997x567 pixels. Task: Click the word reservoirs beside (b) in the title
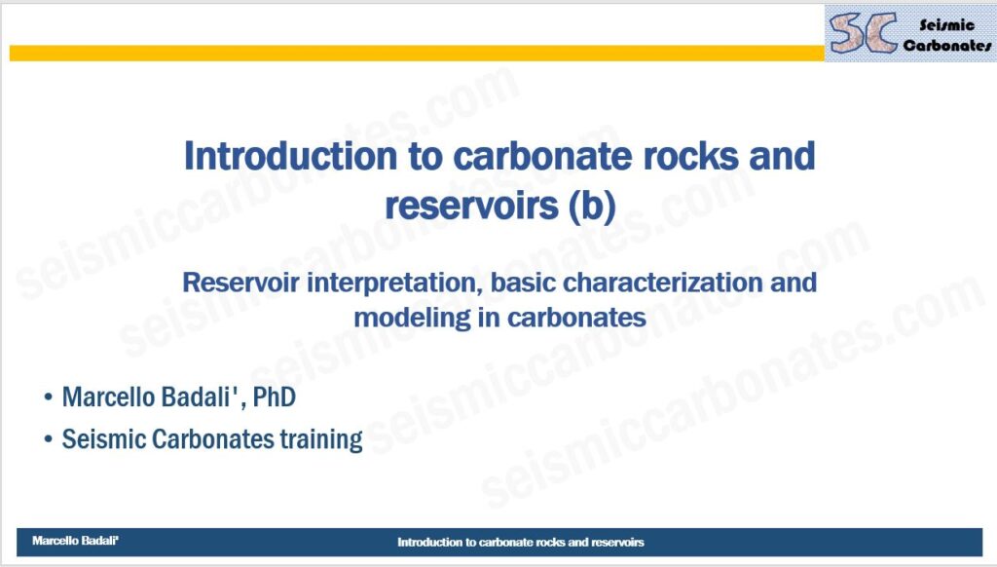471,205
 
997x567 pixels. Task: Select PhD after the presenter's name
274,397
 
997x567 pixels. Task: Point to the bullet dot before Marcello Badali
49,397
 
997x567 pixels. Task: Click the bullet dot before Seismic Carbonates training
49,439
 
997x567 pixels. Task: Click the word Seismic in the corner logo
946,24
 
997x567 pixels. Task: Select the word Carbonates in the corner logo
946,45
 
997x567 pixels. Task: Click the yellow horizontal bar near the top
417,54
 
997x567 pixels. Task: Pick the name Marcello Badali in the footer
75,541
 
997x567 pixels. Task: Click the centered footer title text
521,543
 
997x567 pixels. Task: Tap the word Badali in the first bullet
199,397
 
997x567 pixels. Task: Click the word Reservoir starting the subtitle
240,282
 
